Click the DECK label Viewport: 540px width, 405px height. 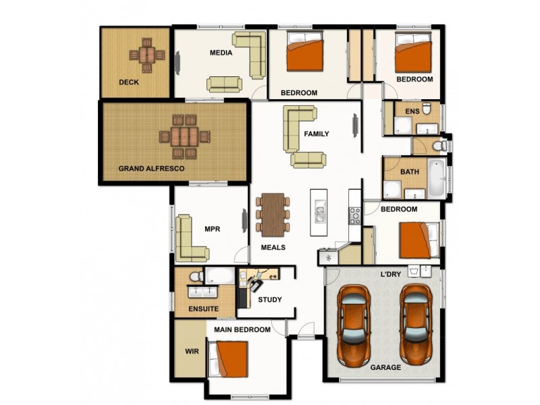(128, 82)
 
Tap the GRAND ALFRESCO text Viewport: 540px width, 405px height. (151, 169)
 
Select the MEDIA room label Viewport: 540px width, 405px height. (221, 53)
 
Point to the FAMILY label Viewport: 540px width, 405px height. (316, 134)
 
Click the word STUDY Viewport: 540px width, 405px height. (270, 300)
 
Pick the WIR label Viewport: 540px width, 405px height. (191, 351)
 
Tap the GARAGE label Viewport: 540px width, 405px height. (385, 368)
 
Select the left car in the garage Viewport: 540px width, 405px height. (353, 324)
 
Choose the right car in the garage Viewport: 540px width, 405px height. (416, 324)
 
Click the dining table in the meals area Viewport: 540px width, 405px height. (273, 214)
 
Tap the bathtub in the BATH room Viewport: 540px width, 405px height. (437, 178)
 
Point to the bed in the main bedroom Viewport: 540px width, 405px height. (230, 361)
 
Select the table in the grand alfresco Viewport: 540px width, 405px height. (184, 137)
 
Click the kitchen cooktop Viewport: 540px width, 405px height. (355, 216)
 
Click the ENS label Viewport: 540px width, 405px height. (412, 111)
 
